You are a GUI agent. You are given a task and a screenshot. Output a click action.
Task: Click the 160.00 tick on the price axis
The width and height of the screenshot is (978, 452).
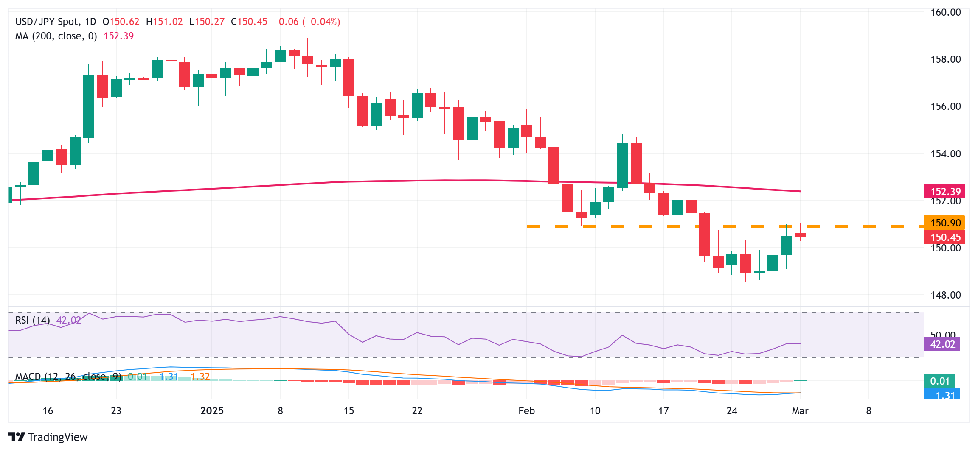coord(945,12)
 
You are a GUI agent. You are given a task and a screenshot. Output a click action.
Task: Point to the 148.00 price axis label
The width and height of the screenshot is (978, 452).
coord(945,295)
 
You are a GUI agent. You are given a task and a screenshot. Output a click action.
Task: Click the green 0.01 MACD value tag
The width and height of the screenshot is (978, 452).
coord(939,381)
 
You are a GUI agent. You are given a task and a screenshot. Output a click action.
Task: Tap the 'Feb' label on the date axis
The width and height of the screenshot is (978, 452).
coord(526,411)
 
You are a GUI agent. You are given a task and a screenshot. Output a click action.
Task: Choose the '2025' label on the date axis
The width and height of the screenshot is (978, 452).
coord(212,411)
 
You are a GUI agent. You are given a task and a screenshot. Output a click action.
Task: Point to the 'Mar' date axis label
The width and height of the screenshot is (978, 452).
coord(800,411)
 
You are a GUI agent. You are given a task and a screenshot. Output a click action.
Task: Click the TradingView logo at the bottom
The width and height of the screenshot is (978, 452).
coord(48,437)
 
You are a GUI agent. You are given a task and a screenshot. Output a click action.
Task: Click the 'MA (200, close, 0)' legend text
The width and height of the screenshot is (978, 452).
coord(56,36)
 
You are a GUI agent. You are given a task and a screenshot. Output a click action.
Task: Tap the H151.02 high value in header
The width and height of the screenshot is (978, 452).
coord(164,22)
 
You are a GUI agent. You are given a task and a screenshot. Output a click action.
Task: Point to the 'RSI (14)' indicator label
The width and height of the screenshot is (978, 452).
coord(32,320)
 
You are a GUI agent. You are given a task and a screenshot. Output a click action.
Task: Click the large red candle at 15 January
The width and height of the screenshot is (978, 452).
coord(349,78)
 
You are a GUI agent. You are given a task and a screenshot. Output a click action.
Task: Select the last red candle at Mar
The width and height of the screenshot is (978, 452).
coord(801,235)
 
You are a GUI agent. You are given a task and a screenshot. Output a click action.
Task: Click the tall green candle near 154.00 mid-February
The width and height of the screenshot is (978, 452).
coord(623,165)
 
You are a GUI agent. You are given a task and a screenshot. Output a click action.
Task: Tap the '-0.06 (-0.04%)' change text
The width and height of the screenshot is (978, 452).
coord(307,22)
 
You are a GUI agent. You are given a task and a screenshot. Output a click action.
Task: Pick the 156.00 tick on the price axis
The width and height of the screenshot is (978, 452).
coord(945,106)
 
